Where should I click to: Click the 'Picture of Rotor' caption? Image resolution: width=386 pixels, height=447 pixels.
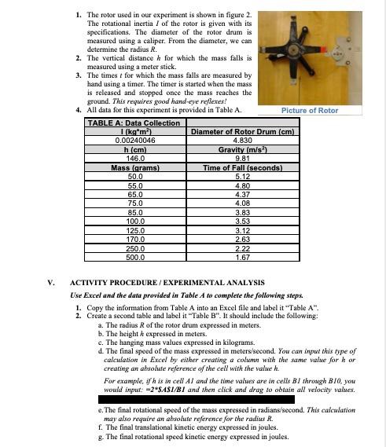pyautogui.click(x=310, y=111)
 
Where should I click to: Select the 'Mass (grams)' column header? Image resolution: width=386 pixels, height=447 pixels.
pyautogui.click(x=131, y=167)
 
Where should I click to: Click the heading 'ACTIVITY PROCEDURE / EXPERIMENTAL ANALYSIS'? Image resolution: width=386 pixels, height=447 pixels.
pyautogui.click(x=167, y=282)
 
